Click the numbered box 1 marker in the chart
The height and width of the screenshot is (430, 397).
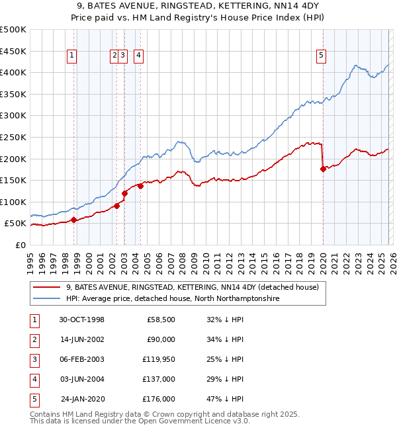(71, 56)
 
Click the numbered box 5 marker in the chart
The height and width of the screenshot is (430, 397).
(321, 56)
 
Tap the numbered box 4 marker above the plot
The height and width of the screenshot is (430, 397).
(138, 56)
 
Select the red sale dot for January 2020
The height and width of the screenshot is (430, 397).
(323, 169)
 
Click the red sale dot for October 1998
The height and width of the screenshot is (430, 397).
(73, 220)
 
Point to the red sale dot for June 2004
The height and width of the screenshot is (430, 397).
(140, 186)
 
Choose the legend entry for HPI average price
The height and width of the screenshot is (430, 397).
(172, 299)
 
